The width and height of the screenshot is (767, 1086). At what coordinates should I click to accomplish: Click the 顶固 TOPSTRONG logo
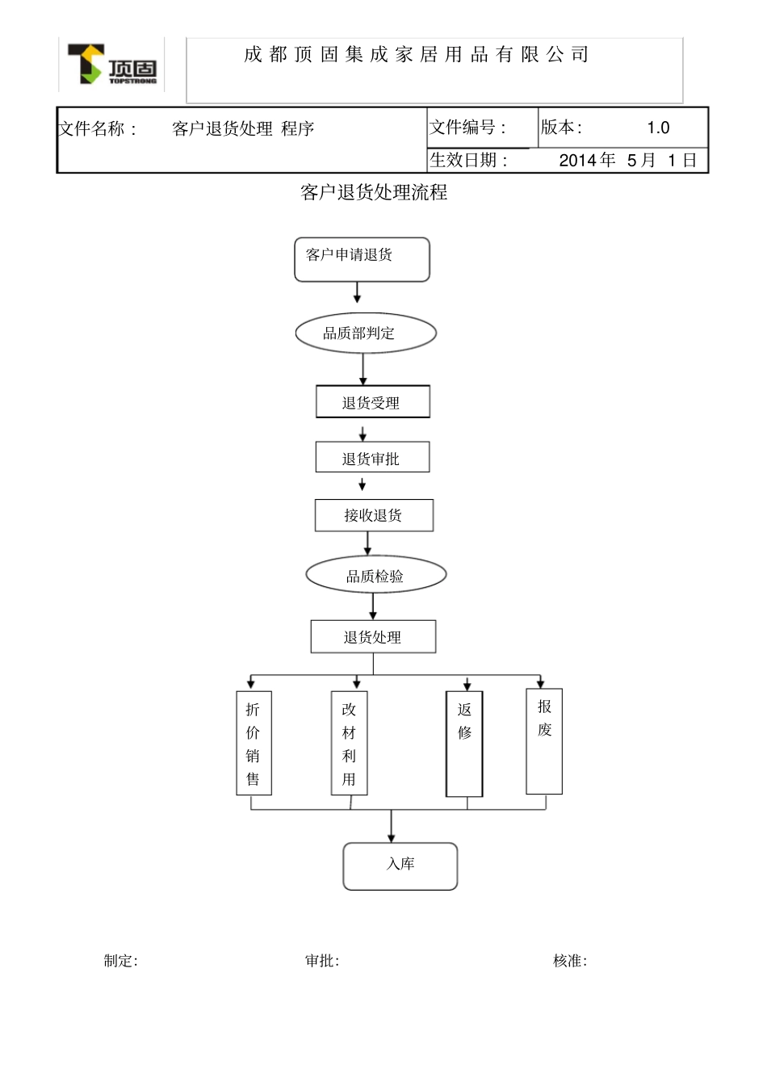coord(111,65)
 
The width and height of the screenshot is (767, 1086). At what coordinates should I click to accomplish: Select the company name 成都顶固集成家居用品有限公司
coord(416,55)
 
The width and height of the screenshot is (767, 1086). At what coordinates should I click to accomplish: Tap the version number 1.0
coord(658,128)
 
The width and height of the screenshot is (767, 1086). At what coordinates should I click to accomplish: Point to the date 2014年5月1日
coord(627,160)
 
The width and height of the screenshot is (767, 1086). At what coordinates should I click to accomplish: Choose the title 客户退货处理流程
coord(373,193)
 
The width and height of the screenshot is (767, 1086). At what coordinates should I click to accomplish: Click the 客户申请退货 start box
coord(362,259)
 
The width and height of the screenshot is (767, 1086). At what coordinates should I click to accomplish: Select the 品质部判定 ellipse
coord(366,333)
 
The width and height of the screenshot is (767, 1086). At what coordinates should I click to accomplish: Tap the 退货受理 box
coord(372,402)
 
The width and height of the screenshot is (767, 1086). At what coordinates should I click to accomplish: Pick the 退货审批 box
coord(372,457)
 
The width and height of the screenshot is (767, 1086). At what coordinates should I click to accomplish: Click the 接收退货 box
coord(374,515)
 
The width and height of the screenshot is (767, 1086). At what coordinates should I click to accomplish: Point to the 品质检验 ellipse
coord(375,576)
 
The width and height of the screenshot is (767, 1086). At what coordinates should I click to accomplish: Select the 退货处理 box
coord(373,636)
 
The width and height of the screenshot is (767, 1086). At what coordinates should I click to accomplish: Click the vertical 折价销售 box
coord(254,743)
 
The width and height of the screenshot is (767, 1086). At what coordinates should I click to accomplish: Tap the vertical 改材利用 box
coord(349,743)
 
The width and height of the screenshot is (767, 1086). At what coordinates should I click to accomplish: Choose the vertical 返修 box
coord(464,744)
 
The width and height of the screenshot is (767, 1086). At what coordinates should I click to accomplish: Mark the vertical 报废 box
coord(544,740)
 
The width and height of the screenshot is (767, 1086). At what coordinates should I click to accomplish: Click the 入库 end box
coord(400,866)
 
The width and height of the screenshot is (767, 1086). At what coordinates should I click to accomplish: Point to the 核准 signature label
coord(569,961)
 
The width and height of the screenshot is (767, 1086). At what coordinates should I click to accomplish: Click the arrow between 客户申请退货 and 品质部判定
coord(358,292)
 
